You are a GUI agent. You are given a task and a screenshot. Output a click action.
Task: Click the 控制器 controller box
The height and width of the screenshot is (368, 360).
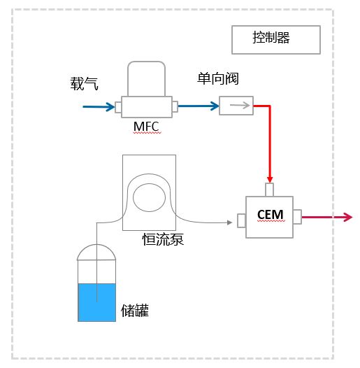[275, 40]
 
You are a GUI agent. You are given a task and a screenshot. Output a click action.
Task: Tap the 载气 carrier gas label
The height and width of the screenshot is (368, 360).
[84, 85]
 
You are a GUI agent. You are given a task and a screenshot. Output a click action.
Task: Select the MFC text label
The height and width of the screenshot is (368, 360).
[146, 127]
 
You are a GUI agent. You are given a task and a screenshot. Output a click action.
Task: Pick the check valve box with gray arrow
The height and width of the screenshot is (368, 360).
[236, 106]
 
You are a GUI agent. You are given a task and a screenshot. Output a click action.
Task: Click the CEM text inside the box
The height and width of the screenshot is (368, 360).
[269, 213]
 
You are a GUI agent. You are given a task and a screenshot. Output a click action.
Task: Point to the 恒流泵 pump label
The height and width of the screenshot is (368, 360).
[162, 240]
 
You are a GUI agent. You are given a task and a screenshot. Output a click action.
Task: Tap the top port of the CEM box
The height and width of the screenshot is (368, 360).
[270, 190]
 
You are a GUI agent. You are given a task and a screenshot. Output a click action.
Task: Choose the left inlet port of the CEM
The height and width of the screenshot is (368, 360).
[242, 220]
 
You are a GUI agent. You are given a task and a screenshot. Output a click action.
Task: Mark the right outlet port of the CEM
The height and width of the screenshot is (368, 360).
[297, 217]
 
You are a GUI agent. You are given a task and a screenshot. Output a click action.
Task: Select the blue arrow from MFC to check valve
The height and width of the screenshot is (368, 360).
[199, 107]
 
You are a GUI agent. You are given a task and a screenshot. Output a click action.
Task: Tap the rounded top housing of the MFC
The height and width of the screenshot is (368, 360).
[146, 78]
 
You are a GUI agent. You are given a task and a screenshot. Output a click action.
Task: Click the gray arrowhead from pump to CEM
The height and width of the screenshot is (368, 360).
[228, 222]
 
